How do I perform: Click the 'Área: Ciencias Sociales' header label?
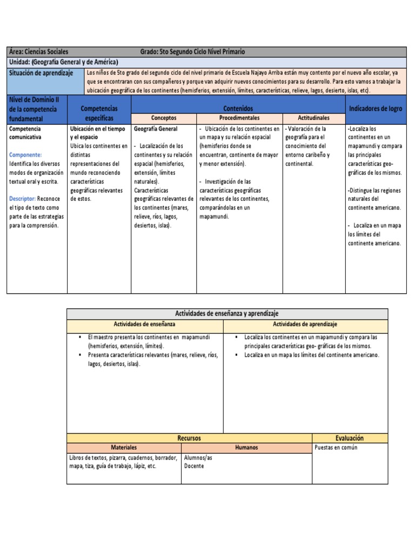[39, 52]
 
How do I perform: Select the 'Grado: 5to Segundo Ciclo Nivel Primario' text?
[192, 52]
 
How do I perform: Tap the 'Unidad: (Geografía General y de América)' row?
[64, 62]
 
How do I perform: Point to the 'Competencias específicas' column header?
[99, 113]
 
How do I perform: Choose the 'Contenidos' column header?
[238, 109]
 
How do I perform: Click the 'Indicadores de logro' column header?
[376, 109]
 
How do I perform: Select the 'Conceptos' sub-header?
[164, 118]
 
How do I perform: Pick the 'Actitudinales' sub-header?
[314, 118]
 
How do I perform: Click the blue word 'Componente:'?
[25, 154]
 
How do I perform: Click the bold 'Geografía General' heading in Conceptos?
[156, 129]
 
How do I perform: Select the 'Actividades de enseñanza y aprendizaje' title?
[227, 314]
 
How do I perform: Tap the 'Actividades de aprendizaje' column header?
[305, 324]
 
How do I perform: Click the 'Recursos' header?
[189, 438]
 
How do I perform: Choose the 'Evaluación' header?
[350, 438]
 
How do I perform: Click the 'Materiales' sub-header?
[124, 448]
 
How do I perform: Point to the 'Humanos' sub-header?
[246, 448]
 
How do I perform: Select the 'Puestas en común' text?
[336, 448]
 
